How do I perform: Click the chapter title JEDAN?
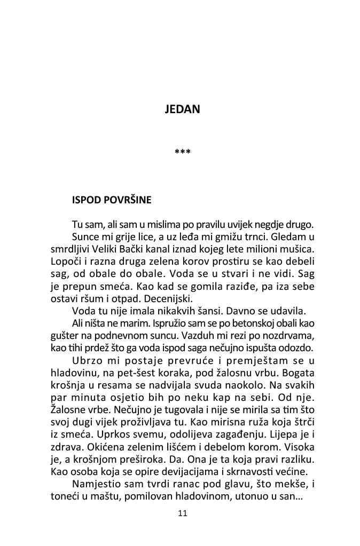[183, 109]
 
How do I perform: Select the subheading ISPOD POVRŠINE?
[112, 201]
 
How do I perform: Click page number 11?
[182, 514]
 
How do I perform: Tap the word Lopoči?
[65, 262]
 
